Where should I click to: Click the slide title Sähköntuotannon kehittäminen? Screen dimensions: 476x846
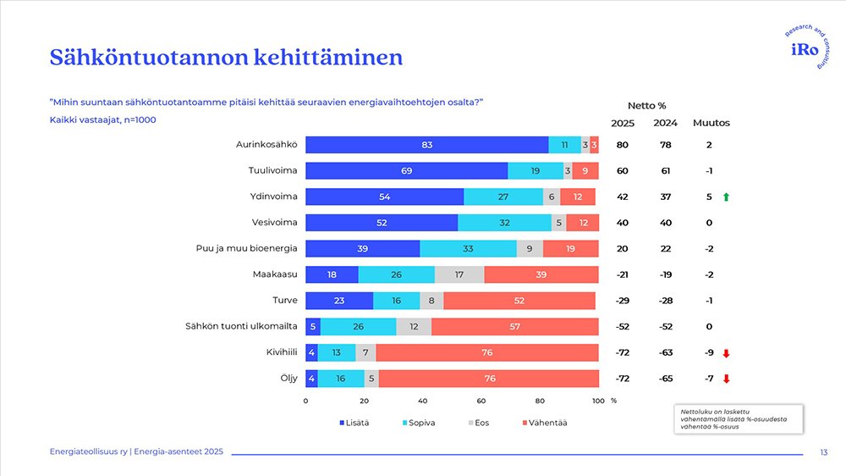[225, 58]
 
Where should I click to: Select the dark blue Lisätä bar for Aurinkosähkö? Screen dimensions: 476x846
[426, 145]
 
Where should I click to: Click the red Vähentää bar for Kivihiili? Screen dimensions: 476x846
[487, 352]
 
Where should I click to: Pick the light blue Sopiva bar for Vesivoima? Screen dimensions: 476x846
[504, 223]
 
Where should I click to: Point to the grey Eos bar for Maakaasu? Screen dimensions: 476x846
[459, 274]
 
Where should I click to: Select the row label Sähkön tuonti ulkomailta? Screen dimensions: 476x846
[240, 326]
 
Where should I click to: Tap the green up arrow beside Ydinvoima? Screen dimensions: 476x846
[726, 196]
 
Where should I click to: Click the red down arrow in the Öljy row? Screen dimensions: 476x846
[726, 379]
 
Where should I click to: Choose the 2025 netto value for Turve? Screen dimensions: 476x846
[622, 301]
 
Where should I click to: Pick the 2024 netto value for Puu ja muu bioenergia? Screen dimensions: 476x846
[666, 248]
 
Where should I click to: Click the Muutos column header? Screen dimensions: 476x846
[711, 123]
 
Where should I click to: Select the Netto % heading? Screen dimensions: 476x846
[646, 106]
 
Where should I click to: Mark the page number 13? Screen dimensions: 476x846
[824, 453]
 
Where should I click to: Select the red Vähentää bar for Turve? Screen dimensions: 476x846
[519, 301]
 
